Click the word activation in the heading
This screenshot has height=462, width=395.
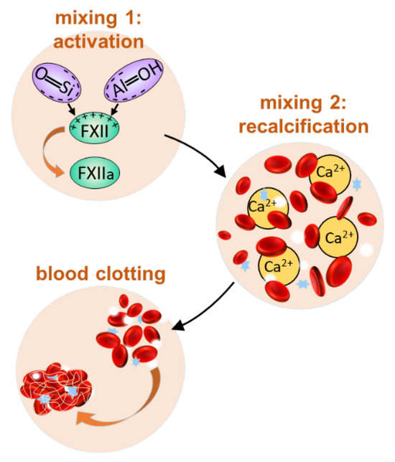tap(98, 42)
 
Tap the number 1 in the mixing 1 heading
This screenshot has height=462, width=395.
tap(129, 18)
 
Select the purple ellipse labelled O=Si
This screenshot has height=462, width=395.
tap(56, 82)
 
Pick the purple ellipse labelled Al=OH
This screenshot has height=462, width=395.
tap(134, 80)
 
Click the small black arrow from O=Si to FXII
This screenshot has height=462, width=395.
tap(71, 109)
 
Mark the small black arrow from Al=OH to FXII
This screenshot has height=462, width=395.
tap(115, 109)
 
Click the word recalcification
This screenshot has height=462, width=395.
tap(304, 126)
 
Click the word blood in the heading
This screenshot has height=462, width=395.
tap(62, 273)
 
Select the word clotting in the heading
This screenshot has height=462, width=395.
tap(131, 274)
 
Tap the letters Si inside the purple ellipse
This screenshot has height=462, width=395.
tap(65, 88)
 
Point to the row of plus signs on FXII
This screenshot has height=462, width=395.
tap(94, 119)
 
